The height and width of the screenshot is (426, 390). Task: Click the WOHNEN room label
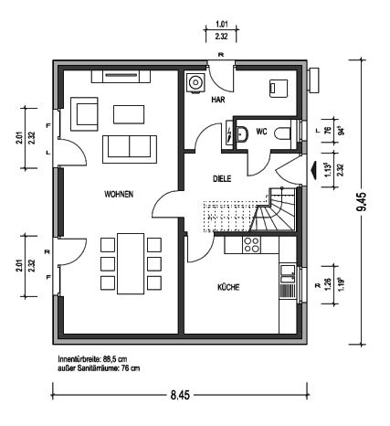[x=119, y=194]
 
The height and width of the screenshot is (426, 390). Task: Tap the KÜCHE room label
[x=228, y=287]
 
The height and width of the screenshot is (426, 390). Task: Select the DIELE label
[x=222, y=178]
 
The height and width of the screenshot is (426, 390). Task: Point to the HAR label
[x=218, y=100]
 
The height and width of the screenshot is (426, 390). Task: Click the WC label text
[x=261, y=132]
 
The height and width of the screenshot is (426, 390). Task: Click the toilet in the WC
[x=283, y=134]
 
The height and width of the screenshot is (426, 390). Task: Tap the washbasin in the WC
[x=242, y=134]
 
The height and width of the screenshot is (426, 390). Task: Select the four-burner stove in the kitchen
[x=252, y=245]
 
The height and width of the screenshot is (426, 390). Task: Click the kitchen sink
[x=288, y=274]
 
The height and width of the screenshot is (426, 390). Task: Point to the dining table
[x=131, y=263]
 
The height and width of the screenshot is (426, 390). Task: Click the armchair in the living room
[x=84, y=114]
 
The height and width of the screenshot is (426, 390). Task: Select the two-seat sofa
[x=130, y=149]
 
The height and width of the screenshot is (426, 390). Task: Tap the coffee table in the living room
[x=129, y=114]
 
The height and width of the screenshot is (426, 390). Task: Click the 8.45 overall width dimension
[x=180, y=395]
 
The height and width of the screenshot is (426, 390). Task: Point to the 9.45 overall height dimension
[x=363, y=202]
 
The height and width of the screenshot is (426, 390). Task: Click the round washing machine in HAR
[x=195, y=82]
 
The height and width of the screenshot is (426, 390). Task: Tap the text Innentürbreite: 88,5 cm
[x=92, y=358]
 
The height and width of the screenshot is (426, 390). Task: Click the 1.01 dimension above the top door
[x=222, y=24]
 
